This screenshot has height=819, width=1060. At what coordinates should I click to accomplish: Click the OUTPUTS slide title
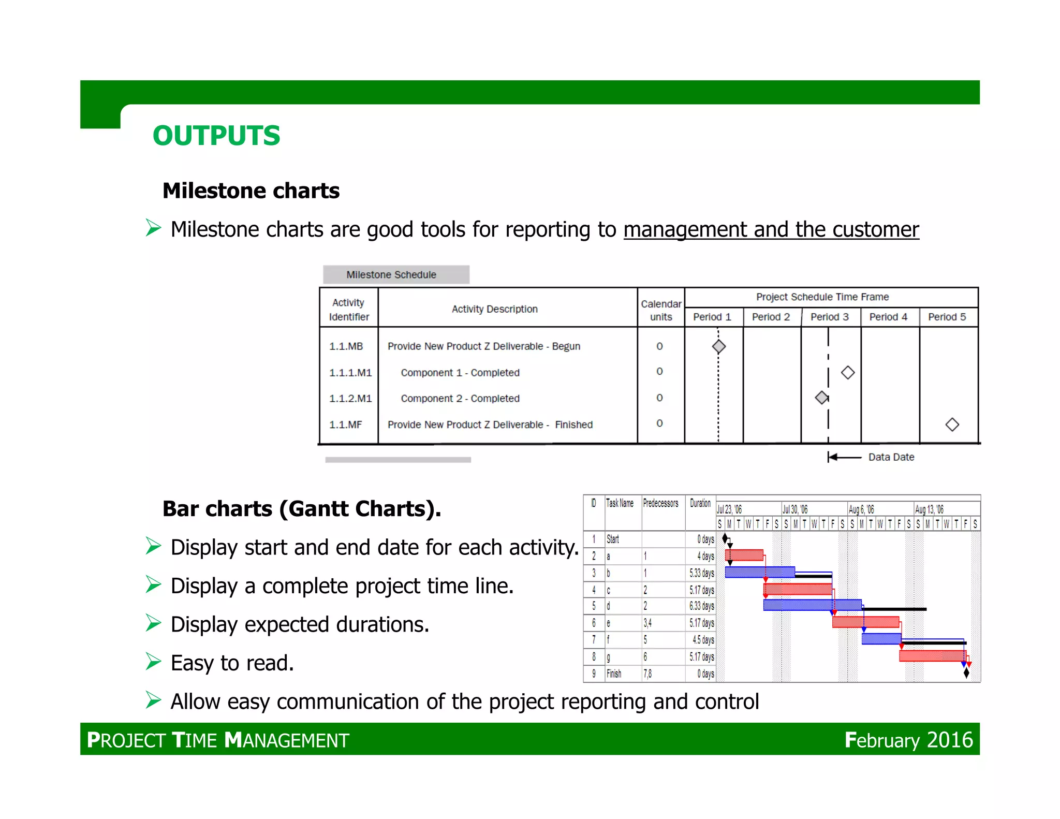point(216,136)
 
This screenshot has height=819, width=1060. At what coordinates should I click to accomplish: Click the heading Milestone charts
point(251,191)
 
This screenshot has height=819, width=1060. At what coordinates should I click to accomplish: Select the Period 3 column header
point(829,317)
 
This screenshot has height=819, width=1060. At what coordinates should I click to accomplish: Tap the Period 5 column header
point(947,317)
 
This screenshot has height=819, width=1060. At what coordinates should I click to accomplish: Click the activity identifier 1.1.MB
point(346,346)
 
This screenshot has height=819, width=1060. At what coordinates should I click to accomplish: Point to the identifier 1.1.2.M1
point(350,399)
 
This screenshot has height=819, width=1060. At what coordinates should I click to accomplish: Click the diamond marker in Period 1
point(718,346)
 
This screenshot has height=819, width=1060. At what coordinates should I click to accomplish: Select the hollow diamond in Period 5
point(952,425)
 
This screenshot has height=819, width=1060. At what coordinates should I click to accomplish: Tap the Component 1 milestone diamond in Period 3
point(847,372)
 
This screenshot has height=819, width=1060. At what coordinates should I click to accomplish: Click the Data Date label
point(891,457)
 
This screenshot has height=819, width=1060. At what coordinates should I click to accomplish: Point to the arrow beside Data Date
point(844,457)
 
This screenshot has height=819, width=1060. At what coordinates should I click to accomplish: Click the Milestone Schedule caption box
point(396,275)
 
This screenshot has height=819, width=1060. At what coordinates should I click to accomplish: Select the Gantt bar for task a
point(744,555)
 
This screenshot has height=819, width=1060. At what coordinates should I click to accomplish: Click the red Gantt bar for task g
point(932,656)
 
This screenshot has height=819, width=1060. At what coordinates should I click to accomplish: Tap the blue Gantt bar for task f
point(881,639)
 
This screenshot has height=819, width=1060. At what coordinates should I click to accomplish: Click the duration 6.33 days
point(701,606)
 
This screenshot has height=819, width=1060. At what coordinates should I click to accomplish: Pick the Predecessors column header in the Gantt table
point(660,503)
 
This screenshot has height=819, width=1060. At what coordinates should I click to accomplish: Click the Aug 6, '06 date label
point(861,509)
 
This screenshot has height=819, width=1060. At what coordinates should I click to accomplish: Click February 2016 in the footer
point(908,740)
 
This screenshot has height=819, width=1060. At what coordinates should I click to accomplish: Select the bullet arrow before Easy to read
point(153,662)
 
